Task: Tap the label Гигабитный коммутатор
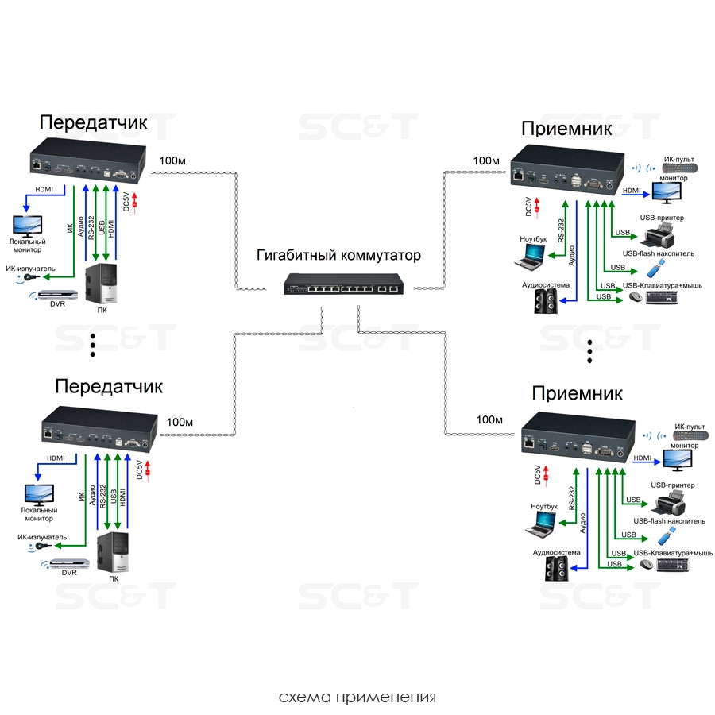tap(338, 256)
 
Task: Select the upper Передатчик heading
tap(94, 122)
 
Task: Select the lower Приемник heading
tap(577, 392)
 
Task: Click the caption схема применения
tap(357, 698)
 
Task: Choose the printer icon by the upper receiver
tap(659, 234)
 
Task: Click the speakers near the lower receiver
tap(556, 567)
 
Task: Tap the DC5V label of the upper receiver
tap(528, 207)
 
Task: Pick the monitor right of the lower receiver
tap(671, 460)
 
